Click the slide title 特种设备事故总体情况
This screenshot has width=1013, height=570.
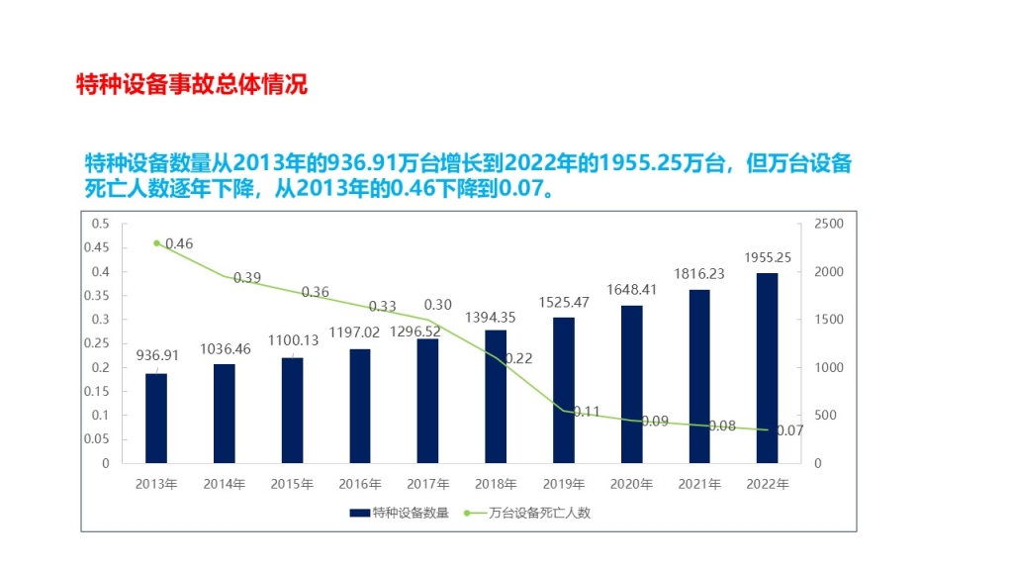point(192,84)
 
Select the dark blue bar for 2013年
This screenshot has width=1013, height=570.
point(156,418)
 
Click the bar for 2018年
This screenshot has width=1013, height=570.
point(496,396)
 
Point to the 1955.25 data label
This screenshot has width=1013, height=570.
point(768,257)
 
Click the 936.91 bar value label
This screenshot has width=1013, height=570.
point(156,355)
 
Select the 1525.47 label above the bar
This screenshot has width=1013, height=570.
point(564,302)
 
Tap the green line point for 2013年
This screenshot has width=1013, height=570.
point(156,242)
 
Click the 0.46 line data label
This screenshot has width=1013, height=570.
point(179,243)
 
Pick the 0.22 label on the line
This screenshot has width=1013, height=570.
point(518,358)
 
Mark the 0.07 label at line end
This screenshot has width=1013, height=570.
point(789,430)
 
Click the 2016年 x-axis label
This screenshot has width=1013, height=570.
point(360,484)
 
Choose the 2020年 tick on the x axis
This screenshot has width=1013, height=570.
point(631,484)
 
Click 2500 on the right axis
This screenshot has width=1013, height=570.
point(828,225)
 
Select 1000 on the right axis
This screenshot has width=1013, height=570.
point(828,368)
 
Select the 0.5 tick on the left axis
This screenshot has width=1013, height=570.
point(101,225)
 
